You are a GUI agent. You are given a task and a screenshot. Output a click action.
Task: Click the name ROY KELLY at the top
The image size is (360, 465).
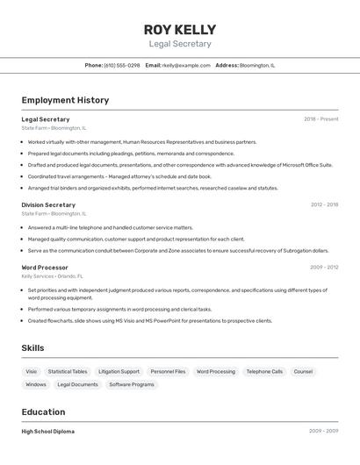[180, 29]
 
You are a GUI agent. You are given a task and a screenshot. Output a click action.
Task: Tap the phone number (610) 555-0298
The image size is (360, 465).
[121, 65]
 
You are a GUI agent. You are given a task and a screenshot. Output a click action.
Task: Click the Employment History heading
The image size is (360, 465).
[65, 100]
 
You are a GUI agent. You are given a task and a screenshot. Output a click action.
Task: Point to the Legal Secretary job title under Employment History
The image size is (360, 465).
[46, 119]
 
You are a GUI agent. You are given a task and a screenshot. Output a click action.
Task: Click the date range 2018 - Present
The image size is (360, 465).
[320, 119]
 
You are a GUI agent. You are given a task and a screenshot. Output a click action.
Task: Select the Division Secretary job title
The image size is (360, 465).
[48, 204]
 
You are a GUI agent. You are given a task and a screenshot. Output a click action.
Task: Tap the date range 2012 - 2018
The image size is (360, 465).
[324, 204]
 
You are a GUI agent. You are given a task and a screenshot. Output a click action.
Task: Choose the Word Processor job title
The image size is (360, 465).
[45, 267]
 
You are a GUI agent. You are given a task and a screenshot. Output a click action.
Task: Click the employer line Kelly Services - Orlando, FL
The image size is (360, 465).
[54, 276]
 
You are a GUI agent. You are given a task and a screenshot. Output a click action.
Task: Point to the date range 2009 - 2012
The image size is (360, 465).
[324, 267]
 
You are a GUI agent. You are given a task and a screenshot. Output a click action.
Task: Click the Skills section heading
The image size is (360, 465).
[32, 348]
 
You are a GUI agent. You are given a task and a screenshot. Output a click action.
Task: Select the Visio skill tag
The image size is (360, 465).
[32, 371]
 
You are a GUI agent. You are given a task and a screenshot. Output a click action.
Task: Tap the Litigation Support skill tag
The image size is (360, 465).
[119, 371]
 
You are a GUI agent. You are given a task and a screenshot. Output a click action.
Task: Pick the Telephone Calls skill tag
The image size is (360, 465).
[264, 371]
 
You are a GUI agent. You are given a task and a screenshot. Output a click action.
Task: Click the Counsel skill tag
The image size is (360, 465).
[303, 371]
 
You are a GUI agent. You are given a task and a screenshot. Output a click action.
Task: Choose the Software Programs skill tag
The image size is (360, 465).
[132, 384]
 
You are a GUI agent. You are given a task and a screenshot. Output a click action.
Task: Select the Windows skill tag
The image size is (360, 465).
[36, 384]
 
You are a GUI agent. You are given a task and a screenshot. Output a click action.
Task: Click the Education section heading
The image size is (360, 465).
[43, 411]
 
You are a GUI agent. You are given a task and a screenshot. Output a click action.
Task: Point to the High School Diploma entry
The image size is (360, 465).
[48, 432]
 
